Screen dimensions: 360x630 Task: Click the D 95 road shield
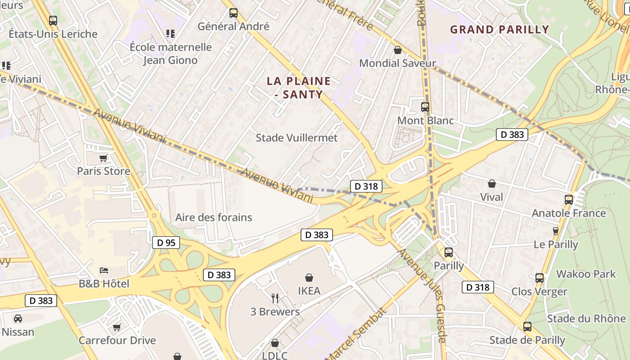(x=166, y=243)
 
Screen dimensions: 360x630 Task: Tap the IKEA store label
(x=309, y=291)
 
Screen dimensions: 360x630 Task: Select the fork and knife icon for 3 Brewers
(x=275, y=298)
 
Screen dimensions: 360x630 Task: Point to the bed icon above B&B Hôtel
(x=104, y=270)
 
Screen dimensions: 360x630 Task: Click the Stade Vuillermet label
(x=297, y=138)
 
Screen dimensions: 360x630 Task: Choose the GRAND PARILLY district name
(x=499, y=30)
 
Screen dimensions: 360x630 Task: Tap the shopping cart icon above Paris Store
(x=103, y=158)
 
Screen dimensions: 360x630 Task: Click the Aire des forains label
(x=214, y=217)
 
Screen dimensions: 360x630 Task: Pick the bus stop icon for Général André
(x=233, y=13)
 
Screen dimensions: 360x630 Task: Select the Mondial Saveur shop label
(x=397, y=63)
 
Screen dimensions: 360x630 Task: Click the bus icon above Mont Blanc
(x=425, y=107)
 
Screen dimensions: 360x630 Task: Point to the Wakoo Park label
(x=586, y=274)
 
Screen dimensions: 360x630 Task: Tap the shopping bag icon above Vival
(x=492, y=184)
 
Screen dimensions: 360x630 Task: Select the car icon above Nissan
(x=18, y=319)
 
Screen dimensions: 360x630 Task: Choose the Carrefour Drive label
(x=117, y=340)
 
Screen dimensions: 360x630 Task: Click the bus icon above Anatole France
(x=569, y=199)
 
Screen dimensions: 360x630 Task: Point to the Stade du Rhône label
(x=586, y=319)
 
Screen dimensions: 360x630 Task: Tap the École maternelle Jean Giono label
(x=171, y=53)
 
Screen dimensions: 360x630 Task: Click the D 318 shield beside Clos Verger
(x=477, y=287)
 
